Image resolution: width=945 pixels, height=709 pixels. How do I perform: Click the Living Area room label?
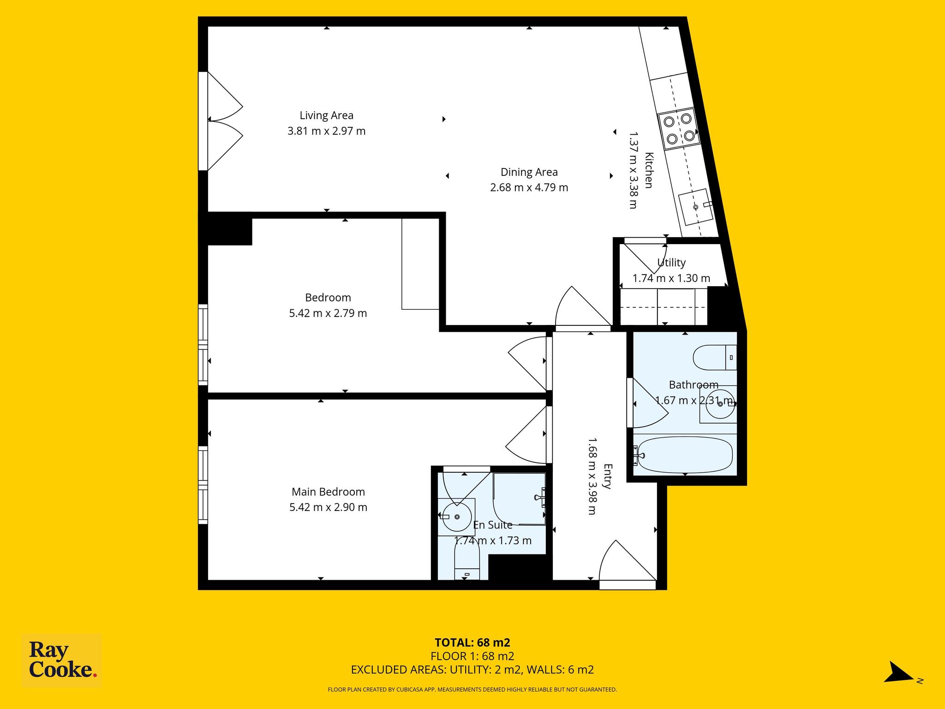click(x=327, y=115)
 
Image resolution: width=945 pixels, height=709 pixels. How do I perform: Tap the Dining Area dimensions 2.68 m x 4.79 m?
click(x=529, y=187)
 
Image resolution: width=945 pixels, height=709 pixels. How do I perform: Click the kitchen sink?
click(x=696, y=207)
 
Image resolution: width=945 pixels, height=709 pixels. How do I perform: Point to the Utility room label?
click(x=671, y=263)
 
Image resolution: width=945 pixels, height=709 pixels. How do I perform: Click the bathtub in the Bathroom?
click(x=683, y=456)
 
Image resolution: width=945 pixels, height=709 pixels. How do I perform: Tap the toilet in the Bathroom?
click(x=715, y=357)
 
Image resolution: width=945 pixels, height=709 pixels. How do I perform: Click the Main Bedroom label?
click(x=328, y=492)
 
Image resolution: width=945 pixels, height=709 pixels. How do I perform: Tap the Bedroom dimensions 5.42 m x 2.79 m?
click(x=328, y=313)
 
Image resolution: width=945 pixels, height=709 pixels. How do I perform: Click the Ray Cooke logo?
click(x=62, y=661)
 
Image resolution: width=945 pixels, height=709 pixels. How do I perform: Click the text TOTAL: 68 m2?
click(x=472, y=643)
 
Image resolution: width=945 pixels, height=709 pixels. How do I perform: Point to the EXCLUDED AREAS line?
click(x=472, y=670)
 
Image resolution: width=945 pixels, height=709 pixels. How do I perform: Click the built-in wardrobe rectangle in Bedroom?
click(x=420, y=264)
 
